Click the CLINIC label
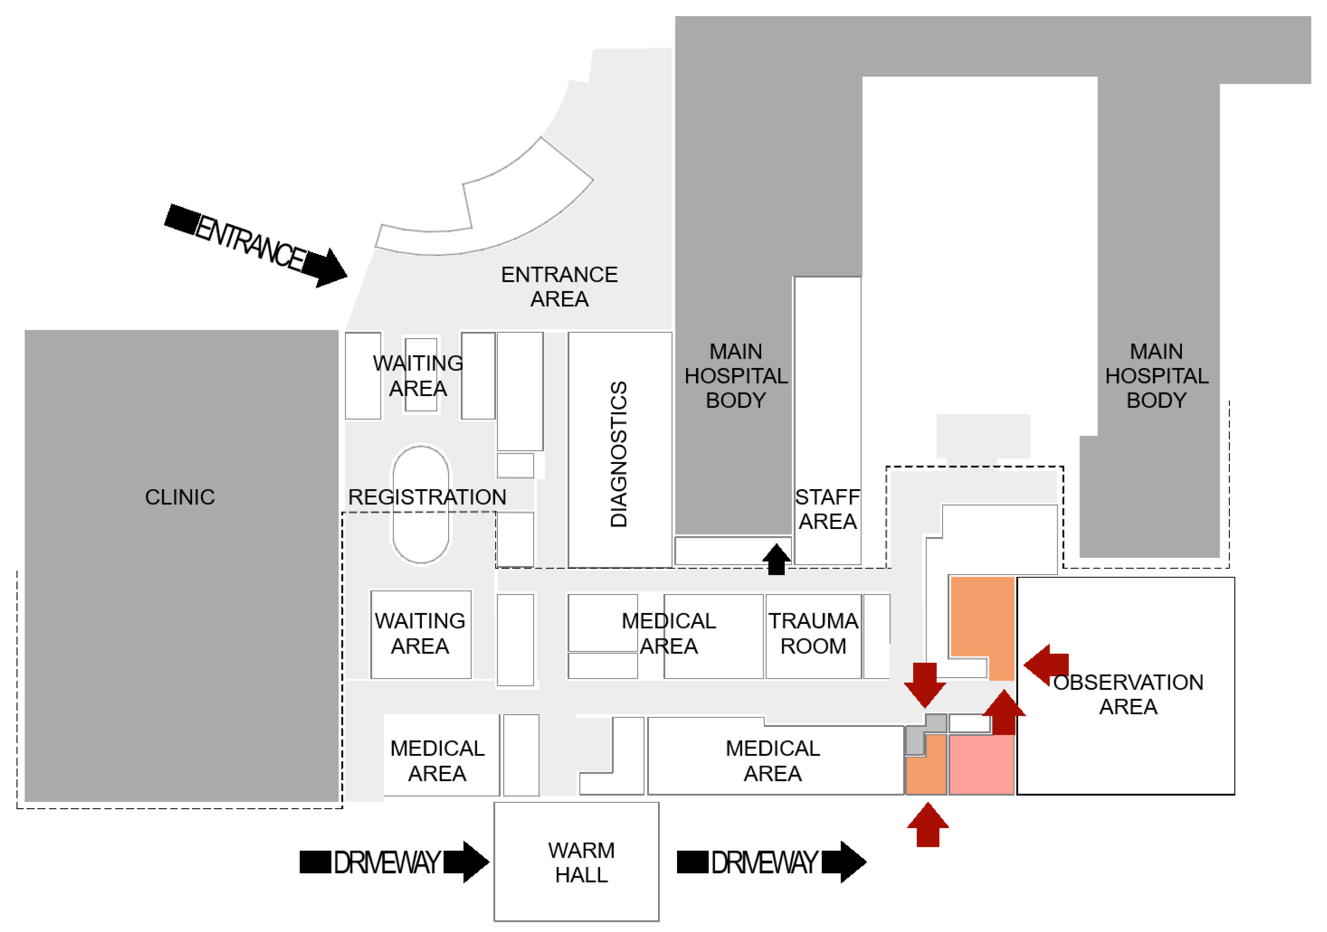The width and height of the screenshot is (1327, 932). tap(180, 497)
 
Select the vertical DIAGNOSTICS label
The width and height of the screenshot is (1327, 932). tap(618, 454)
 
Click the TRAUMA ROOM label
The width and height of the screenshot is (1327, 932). tap(813, 633)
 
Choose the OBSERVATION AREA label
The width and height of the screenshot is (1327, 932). tap(1128, 694)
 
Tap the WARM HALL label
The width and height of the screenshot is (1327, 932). tap(582, 863)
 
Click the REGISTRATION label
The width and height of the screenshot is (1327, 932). tap(427, 497)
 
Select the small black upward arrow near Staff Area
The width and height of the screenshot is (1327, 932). tap(776, 559)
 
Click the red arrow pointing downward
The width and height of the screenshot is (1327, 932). tap(925, 685)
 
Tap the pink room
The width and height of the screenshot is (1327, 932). tap(982, 764)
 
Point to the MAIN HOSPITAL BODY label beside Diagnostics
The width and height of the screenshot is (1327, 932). tap(736, 376)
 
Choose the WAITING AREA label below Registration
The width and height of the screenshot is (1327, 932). tap(420, 633)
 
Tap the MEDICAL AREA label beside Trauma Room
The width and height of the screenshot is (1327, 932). tap(669, 633)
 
